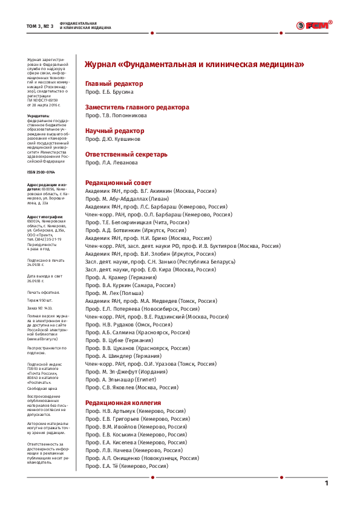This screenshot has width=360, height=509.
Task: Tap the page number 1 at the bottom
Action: point(327,482)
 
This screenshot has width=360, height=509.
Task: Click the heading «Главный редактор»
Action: point(114,83)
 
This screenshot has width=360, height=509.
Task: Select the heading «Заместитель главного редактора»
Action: point(137,106)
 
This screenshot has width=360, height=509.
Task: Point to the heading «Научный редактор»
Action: point(114,130)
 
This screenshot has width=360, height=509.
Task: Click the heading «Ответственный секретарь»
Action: point(126,154)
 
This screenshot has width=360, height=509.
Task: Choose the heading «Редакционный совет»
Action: point(118,182)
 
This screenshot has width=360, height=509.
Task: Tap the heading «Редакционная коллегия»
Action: point(123,402)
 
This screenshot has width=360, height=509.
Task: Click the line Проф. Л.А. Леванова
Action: point(111,163)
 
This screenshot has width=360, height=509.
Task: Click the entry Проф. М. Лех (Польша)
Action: point(110,293)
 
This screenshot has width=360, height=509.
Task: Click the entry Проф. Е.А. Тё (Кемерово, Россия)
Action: point(127,466)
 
